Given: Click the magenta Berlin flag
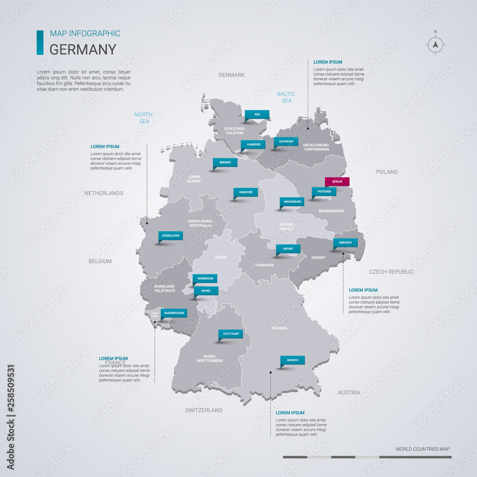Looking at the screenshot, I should point(337,182).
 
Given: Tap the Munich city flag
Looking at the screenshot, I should point(292,360).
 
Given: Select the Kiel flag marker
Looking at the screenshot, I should point(257,114).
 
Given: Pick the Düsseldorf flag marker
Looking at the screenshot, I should point(171,236).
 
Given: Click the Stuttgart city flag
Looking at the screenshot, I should point(231,334).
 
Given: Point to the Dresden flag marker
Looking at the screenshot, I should point(345,242).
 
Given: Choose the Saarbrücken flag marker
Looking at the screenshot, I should point(173,313).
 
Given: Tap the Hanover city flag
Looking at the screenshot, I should point(246,192).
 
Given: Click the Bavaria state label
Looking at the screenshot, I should point(280,328).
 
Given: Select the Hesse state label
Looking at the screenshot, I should point(220,257).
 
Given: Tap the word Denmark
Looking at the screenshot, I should point(231,75).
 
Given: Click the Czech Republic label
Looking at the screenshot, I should point(391,272).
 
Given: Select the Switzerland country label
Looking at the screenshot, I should point(204,410).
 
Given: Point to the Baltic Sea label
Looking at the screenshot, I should point(286,97).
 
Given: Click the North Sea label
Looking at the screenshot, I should point(144,118).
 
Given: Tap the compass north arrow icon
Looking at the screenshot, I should point(435,44).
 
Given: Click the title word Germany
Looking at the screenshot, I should point(83,50).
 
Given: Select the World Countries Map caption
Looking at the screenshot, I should point(422,449).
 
